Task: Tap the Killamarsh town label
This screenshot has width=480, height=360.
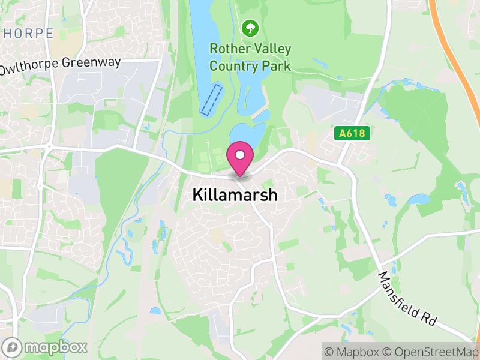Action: click(235, 195)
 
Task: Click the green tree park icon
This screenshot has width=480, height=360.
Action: click(250, 28)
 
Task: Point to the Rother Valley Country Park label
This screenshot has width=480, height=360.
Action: click(250, 56)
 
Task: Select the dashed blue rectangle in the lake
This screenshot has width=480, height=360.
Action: click(211, 100)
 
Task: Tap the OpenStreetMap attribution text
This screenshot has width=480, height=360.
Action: click(431, 351)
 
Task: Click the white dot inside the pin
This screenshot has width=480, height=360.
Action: click(240, 155)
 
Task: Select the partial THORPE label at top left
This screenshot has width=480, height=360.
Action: click(27, 34)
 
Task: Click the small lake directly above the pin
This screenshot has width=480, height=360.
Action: click(247, 133)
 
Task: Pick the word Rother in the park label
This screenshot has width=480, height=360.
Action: click(227, 48)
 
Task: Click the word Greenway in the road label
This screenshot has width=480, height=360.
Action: click(94, 62)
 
